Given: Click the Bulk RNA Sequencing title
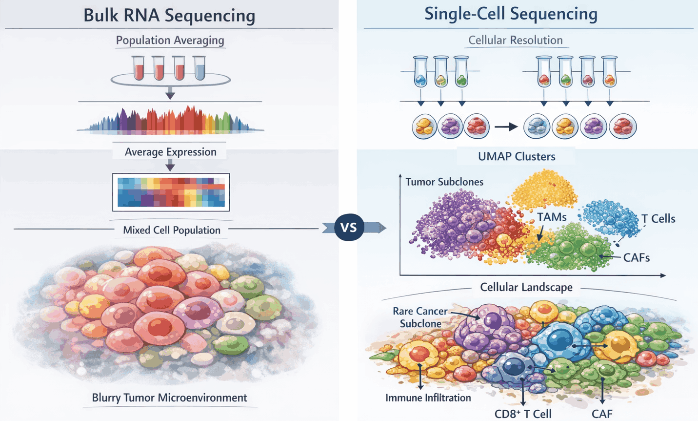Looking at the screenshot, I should tap(169, 15).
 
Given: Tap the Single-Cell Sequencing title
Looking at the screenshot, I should tap(511, 14).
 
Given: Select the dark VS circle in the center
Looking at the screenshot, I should tap(349, 228).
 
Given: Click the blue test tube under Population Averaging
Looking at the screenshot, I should tap(199, 68).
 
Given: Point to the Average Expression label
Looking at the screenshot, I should tap(170, 152).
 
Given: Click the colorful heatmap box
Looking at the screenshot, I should tap(171, 192).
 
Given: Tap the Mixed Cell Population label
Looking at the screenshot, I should tap(171, 230).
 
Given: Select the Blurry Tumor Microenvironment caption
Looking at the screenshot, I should tap(169, 398).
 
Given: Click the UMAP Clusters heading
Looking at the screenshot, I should tap(517, 157).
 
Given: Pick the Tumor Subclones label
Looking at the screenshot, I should tap(444, 182).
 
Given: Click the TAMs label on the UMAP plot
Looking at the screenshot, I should tap(552, 217).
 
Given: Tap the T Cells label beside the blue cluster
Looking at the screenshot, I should tap(658, 219).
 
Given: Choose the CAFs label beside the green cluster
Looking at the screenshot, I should tap(636, 257).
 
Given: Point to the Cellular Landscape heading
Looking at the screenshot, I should tap(526, 287).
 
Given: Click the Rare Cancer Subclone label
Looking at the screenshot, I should tap(420, 317).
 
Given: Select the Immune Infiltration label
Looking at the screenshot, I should tap(428, 398).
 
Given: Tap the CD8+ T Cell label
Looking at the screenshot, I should tap(522, 414).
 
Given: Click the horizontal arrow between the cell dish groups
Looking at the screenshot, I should tap(506, 127).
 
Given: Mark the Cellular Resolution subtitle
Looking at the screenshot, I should tap(515, 40).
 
